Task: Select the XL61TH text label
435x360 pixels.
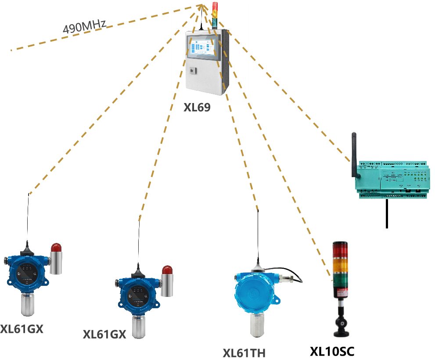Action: click(244, 353)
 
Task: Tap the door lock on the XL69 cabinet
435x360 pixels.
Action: click(192, 71)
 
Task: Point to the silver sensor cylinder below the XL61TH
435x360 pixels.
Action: click(257, 324)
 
